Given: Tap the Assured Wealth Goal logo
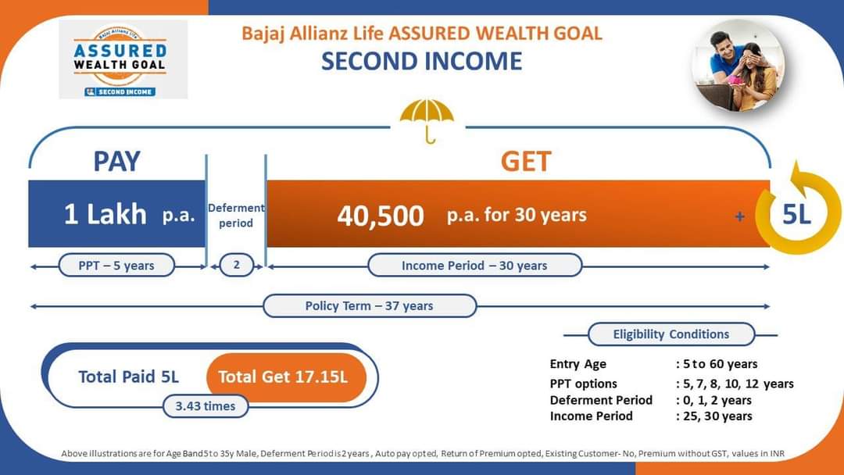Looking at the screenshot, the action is pos(123,59).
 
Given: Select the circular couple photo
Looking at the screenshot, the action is pos(738,65).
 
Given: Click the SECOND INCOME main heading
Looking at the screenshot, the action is pos(421,61).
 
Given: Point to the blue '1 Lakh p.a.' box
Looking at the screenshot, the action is pos(116,213).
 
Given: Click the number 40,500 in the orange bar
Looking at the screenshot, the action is pos(381,216).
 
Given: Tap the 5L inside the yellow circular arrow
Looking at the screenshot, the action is pos(796,214).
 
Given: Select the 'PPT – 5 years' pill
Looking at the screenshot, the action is pos(116,265).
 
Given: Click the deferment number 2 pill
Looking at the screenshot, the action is pos(236,265).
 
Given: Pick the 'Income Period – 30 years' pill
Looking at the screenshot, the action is pos(475,265).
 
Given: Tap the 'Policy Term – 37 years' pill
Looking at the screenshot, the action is pos(369,305).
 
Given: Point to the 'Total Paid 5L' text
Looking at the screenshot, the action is pos(129,377).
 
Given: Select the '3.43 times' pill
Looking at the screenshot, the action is pos(206,406).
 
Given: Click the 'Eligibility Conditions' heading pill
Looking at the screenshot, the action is pos(671,334).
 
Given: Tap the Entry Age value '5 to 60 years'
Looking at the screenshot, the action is pos(721,364).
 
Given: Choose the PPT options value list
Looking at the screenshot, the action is pos(738,384).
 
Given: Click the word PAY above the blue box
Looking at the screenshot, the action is pos(116,161).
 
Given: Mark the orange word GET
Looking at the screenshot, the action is pos(526,162).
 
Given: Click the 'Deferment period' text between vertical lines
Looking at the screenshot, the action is pos(236,215).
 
